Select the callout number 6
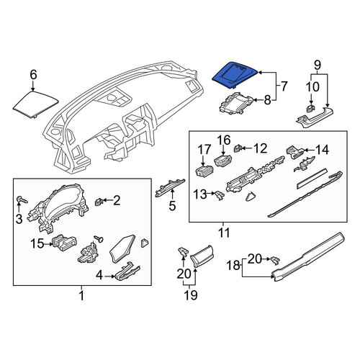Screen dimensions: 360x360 (33, 74)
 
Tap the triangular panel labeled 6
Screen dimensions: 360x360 (35, 104)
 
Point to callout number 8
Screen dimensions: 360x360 (267, 100)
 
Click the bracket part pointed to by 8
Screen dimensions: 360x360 (236, 103)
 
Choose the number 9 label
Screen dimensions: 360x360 (318, 65)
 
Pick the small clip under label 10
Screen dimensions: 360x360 (310, 108)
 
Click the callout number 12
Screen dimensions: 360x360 (260, 148)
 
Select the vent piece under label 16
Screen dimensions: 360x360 (222, 161)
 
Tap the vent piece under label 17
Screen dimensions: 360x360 (204, 171)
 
